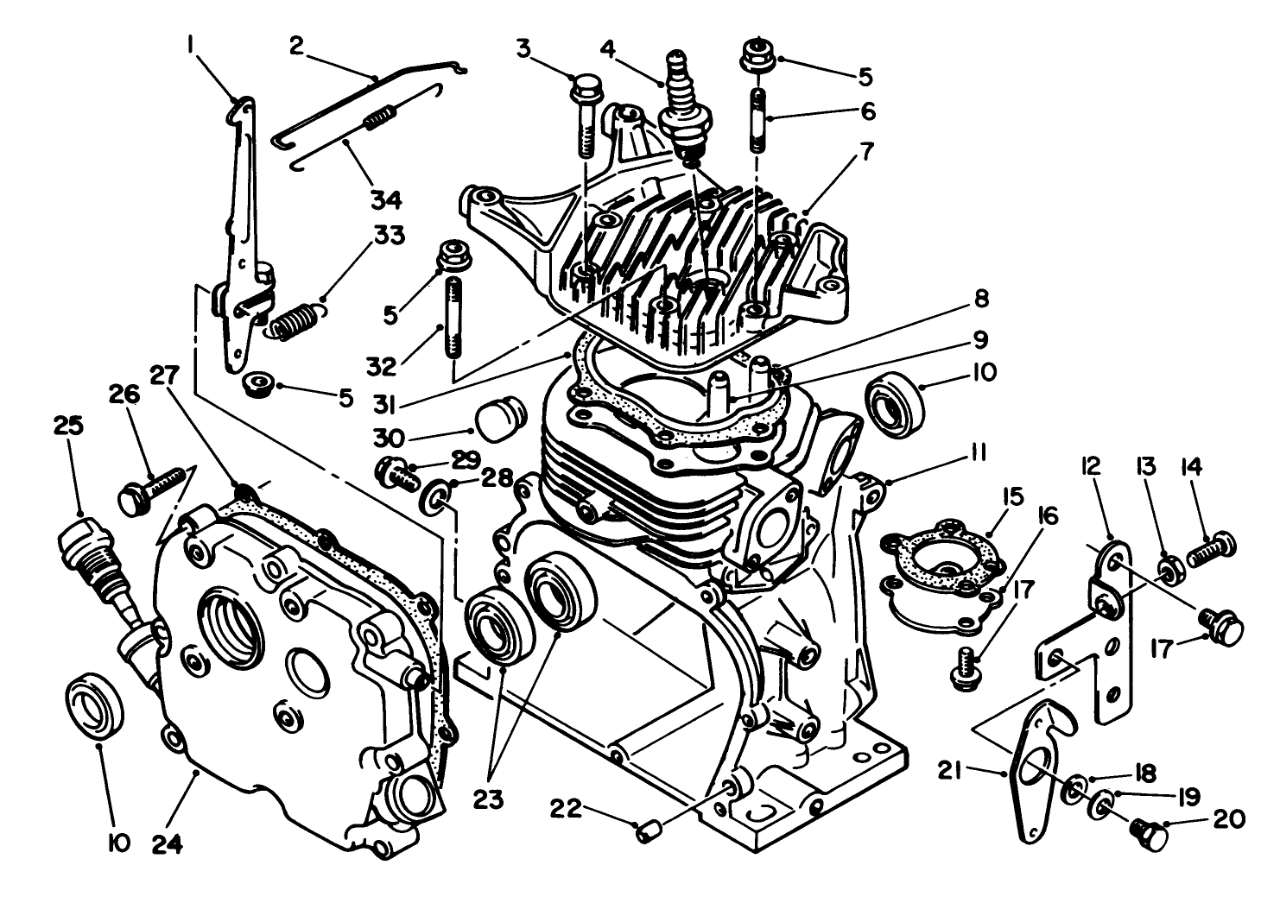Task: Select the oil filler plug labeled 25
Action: point(95,561)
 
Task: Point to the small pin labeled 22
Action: point(647,832)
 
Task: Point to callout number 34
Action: point(386,200)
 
